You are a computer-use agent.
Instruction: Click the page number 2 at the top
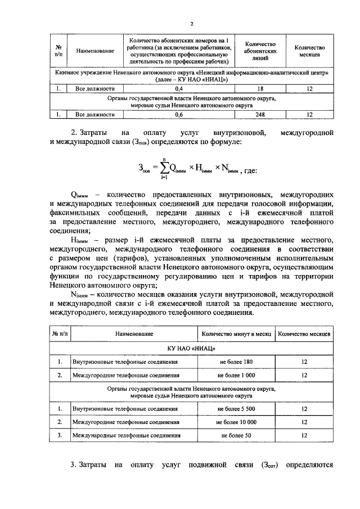191,24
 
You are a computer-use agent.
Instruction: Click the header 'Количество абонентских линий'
260,51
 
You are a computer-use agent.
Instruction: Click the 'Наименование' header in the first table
92,51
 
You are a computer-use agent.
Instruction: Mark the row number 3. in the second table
60,435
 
